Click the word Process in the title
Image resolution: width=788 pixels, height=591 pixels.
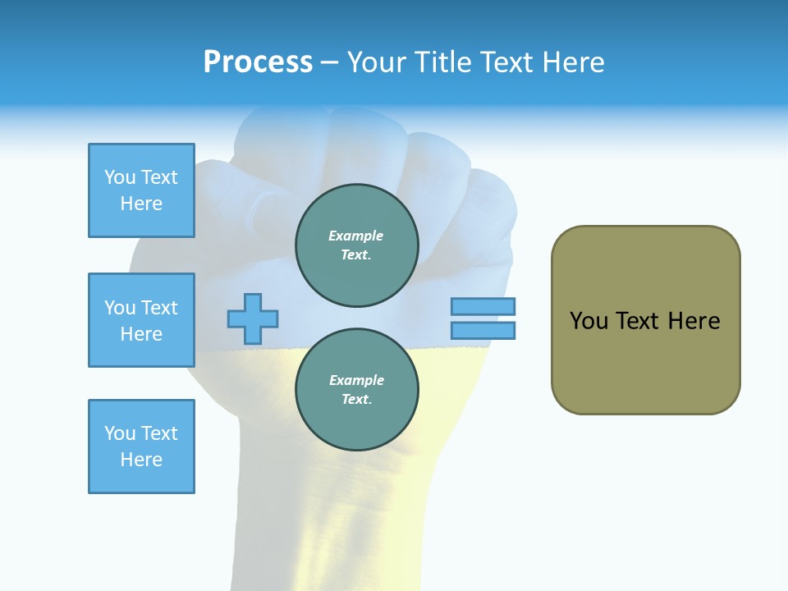(x=258, y=62)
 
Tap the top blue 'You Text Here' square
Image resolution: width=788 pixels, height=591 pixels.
(x=141, y=190)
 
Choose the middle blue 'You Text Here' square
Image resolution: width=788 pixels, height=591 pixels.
(x=141, y=320)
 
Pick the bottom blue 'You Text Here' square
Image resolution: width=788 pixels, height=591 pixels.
(x=141, y=447)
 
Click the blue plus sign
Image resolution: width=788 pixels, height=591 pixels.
(x=253, y=318)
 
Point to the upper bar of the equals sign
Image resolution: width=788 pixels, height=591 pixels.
(x=483, y=306)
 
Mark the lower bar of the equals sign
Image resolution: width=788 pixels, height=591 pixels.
(x=483, y=330)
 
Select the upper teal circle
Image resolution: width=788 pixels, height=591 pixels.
(x=356, y=245)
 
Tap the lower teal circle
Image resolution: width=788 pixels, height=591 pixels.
(x=356, y=390)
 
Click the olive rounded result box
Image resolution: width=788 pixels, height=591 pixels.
(x=645, y=320)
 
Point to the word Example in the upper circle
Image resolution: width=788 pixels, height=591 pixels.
(x=356, y=236)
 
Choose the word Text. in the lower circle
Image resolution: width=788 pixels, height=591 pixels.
(x=356, y=400)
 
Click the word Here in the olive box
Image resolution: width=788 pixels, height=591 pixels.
(x=694, y=321)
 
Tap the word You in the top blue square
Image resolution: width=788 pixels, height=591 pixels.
(x=119, y=177)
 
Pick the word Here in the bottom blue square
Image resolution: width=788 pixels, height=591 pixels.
(x=141, y=460)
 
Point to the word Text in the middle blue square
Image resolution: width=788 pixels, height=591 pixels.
(x=158, y=308)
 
